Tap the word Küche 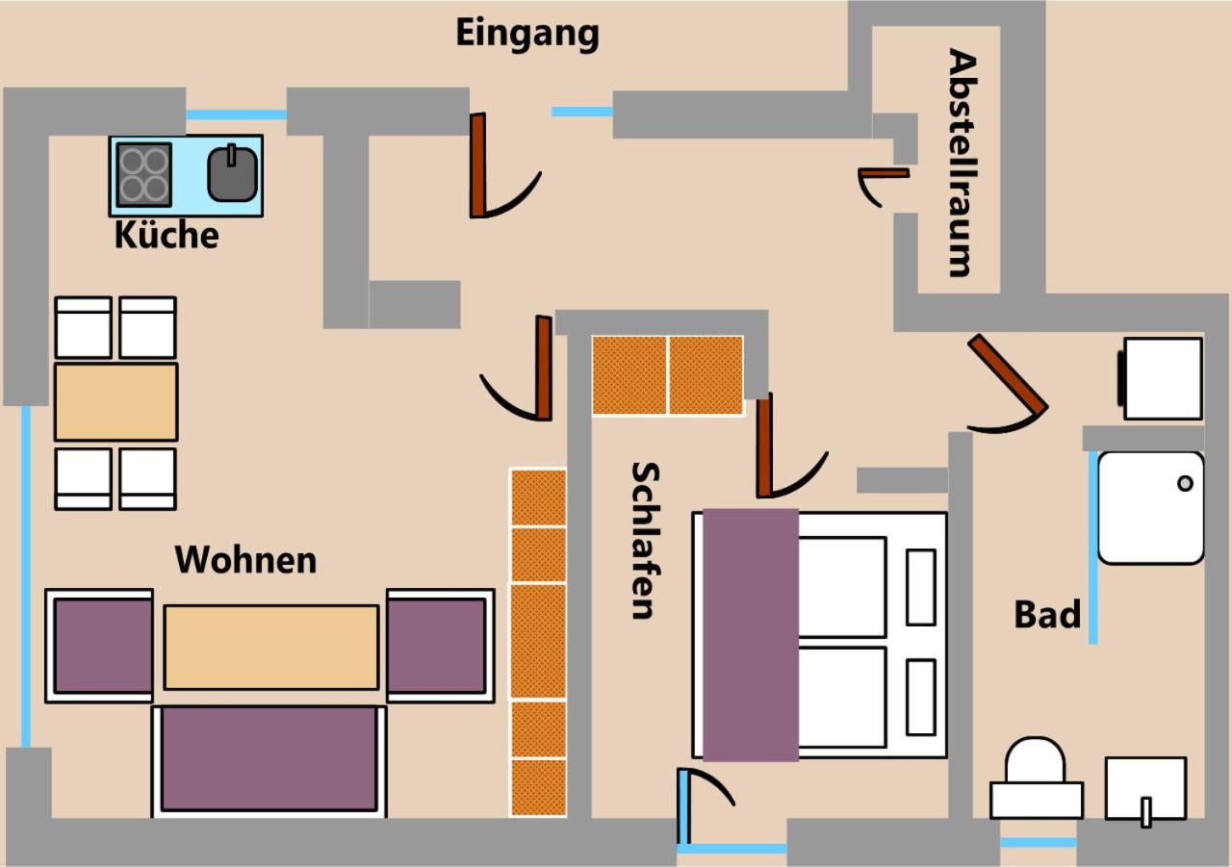pyautogui.click(x=167, y=235)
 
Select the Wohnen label pyautogui.click(x=245, y=560)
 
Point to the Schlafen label pyautogui.click(x=645, y=541)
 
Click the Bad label pyautogui.click(x=1047, y=615)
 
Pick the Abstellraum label pyautogui.click(x=962, y=164)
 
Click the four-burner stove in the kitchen pyautogui.click(x=144, y=175)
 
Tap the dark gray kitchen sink pyautogui.click(x=233, y=174)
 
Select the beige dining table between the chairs pyautogui.click(x=116, y=402)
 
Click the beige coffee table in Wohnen pyautogui.click(x=271, y=648)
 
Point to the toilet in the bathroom pyautogui.click(x=1037, y=778)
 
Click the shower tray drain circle pyautogui.click(x=1185, y=483)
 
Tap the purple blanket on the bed pyautogui.click(x=751, y=635)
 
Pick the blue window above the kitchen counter pyautogui.click(x=236, y=115)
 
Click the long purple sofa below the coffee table pyautogui.click(x=269, y=760)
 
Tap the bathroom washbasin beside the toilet pyautogui.click(x=1146, y=788)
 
